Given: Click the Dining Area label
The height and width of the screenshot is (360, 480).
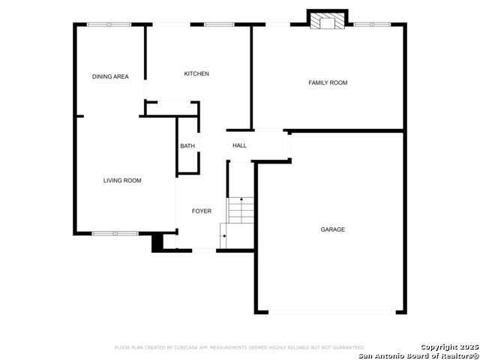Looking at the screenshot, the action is tap(110, 76).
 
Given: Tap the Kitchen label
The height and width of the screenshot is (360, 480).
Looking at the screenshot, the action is tap(196, 73).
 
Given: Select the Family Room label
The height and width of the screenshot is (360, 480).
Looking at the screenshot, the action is tap(328, 82).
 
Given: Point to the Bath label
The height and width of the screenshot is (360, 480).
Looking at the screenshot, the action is tap(187, 146).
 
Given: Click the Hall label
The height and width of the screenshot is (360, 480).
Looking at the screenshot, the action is tap(239, 145).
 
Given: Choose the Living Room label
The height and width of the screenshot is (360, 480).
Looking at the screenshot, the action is tap(122, 181).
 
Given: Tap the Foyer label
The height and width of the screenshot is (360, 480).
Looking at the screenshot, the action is tap(202, 211).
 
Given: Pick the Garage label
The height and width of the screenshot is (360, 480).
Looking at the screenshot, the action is tap(333, 229).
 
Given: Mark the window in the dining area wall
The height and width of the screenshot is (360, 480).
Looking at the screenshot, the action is tap(109, 25).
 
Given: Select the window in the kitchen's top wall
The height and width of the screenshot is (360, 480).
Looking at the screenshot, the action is tap(219, 25).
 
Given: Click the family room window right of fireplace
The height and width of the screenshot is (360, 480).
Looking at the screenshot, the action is tap(372, 25).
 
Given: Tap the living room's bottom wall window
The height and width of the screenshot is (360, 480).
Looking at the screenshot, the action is tap(115, 233).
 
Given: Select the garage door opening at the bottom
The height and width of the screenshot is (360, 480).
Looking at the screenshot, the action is tap(332, 312).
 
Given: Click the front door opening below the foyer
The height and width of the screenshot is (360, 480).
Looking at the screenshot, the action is tap(204, 250).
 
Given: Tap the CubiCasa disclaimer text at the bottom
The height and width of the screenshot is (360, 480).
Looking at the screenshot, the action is tap(240, 347).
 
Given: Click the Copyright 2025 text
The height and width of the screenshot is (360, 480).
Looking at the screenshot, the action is tap(449, 347).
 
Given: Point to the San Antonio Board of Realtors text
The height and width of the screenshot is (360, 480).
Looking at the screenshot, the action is tap(418, 355).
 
